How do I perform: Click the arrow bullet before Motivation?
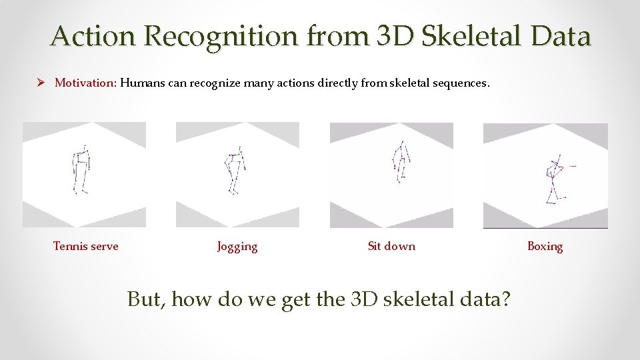click(x=41, y=83)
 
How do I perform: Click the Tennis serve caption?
click(x=85, y=246)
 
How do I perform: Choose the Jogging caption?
click(x=237, y=247)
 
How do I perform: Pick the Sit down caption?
click(x=391, y=246)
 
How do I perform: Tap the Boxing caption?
click(x=545, y=246)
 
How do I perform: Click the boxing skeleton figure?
click(x=553, y=180)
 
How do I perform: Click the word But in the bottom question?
click(x=145, y=299)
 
